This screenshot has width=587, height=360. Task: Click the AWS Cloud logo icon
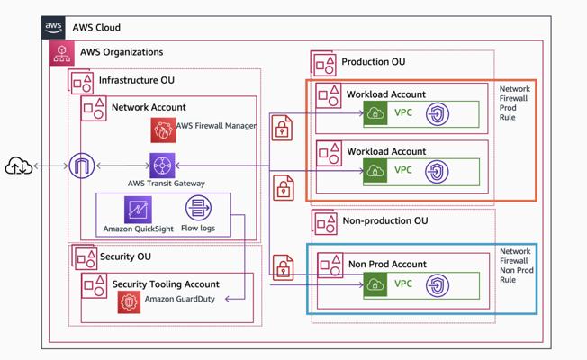(54, 28)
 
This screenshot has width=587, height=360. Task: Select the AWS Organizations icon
(62, 53)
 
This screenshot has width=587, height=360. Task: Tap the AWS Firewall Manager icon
(163, 130)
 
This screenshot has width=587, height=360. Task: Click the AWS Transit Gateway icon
(163, 166)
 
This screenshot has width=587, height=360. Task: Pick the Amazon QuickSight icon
(138, 210)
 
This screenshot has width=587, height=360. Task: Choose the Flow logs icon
(198, 209)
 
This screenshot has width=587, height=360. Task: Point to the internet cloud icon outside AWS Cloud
(18, 166)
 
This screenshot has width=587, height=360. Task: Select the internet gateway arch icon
(82, 166)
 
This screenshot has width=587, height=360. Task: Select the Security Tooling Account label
(166, 284)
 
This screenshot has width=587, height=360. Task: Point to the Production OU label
(373, 62)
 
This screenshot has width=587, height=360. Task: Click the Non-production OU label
(384, 220)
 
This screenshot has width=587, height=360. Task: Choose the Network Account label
(149, 107)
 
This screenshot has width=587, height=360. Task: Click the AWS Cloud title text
(96, 28)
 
